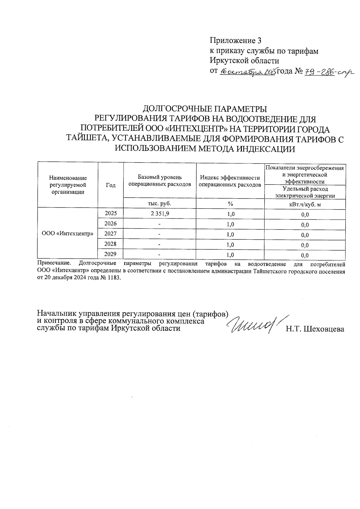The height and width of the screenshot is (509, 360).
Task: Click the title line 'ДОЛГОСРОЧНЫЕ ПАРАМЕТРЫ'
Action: (x=205, y=108)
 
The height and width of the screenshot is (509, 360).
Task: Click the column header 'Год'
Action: (x=111, y=185)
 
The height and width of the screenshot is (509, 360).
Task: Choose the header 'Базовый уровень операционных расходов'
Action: (x=160, y=181)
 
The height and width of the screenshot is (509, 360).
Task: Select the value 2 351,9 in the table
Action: (x=160, y=214)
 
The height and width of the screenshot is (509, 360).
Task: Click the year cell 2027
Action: (x=110, y=233)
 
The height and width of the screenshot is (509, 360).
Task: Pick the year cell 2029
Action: (x=110, y=254)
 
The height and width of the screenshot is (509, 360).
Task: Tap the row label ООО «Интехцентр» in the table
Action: (x=67, y=233)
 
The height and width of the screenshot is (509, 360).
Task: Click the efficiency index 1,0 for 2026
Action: (x=230, y=224)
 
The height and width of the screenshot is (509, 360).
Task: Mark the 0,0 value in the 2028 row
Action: (x=305, y=245)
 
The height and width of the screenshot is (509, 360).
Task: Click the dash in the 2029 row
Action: (x=160, y=255)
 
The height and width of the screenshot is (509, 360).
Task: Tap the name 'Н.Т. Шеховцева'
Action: (x=315, y=329)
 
